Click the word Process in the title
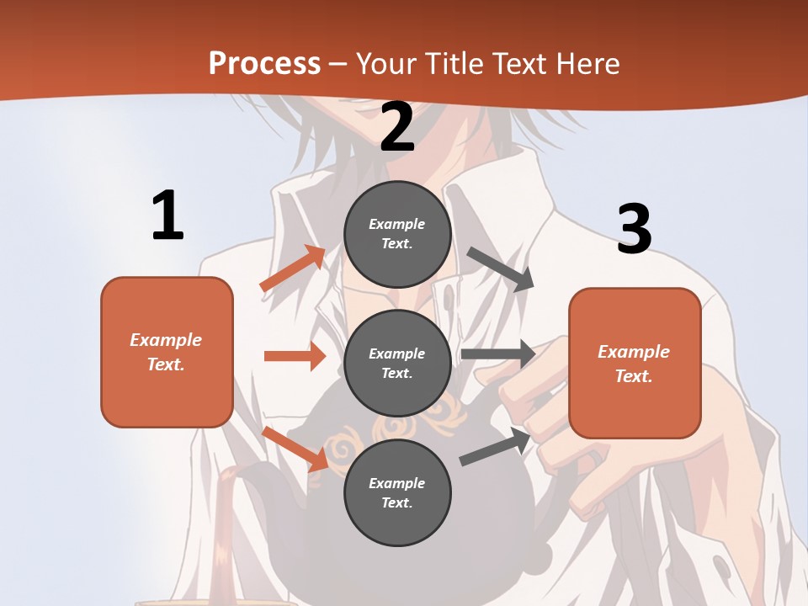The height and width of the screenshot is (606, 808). (x=264, y=64)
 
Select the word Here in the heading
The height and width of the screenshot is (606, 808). (x=587, y=64)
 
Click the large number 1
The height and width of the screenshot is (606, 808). (x=167, y=215)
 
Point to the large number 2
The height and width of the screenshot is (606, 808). (x=397, y=127)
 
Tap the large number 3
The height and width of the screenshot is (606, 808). (x=634, y=229)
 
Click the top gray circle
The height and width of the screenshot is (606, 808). (x=397, y=233)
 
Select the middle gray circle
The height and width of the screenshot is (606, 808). (x=397, y=363)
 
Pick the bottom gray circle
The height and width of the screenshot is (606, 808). (x=397, y=492)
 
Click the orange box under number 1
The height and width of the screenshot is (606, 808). (x=167, y=352)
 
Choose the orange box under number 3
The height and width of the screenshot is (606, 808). (x=635, y=363)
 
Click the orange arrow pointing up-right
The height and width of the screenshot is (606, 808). (x=293, y=268)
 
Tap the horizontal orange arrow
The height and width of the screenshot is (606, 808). (x=295, y=356)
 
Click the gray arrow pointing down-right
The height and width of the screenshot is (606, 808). (x=502, y=269)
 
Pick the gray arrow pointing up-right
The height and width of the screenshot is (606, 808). (x=496, y=446)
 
